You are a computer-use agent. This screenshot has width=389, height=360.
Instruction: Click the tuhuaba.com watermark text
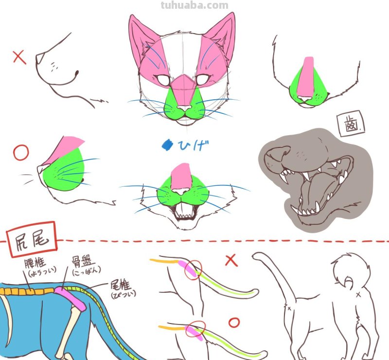tap(194, 6)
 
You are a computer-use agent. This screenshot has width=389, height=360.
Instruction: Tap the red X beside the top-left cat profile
tap(19, 58)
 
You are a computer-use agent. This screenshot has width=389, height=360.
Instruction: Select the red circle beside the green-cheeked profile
tap(21, 153)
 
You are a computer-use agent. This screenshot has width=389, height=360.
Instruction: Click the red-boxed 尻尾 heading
tap(32, 239)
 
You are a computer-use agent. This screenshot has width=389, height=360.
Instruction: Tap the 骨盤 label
tap(87, 264)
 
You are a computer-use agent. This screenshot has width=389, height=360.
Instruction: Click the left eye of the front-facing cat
tap(163, 80)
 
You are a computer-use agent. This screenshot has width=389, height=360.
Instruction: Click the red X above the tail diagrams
tap(231, 260)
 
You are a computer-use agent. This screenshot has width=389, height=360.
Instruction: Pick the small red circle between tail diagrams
tap(234, 323)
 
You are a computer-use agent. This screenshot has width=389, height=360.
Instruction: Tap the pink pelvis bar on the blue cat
tap(73, 298)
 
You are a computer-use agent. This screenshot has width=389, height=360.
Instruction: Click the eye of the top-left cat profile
tap(77, 74)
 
